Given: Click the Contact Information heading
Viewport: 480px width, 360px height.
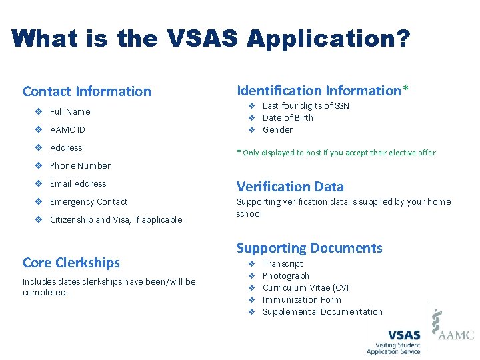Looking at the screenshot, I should click(x=87, y=91).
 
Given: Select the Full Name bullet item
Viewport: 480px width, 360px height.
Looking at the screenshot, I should click(x=70, y=111).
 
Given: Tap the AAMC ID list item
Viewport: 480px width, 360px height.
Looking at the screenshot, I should click(x=67, y=129).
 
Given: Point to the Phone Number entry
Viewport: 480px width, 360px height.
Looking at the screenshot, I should click(x=80, y=165).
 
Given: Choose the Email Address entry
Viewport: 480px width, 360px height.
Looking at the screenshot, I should click(x=78, y=183).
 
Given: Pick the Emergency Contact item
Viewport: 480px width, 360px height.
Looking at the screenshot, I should click(x=89, y=201).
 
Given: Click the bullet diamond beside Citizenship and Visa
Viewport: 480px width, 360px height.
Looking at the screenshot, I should click(x=39, y=219).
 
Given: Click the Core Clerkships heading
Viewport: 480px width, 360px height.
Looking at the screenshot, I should click(x=71, y=263).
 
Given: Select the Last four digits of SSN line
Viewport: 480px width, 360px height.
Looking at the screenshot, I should click(x=305, y=105).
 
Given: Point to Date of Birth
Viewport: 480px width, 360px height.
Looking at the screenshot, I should click(x=287, y=117).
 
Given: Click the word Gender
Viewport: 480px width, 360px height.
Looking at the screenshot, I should click(x=277, y=129).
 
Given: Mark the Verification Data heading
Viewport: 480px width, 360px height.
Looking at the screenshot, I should click(x=290, y=187).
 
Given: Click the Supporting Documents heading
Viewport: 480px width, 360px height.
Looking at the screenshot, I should click(x=309, y=248).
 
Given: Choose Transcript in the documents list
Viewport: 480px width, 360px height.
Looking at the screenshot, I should click(x=283, y=263).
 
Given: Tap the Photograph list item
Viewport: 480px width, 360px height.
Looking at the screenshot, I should click(x=286, y=275).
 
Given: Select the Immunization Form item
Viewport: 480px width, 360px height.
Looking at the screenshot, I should click(x=301, y=299).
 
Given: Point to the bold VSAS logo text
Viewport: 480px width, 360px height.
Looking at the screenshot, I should click(x=404, y=335).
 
